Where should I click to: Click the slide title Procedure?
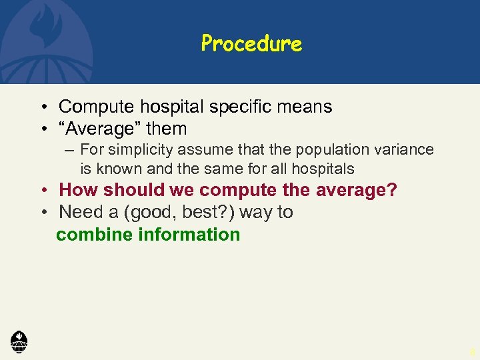(251, 44)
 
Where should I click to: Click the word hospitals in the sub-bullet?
(322, 169)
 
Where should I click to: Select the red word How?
(78, 191)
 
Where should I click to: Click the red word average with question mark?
(355, 191)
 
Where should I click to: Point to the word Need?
(78, 213)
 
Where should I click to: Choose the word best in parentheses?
(196, 213)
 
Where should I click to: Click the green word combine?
(94, 235)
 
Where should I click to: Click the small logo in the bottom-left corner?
(19, 341)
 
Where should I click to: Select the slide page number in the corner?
(472, 351)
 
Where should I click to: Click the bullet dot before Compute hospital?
(42, 107)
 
